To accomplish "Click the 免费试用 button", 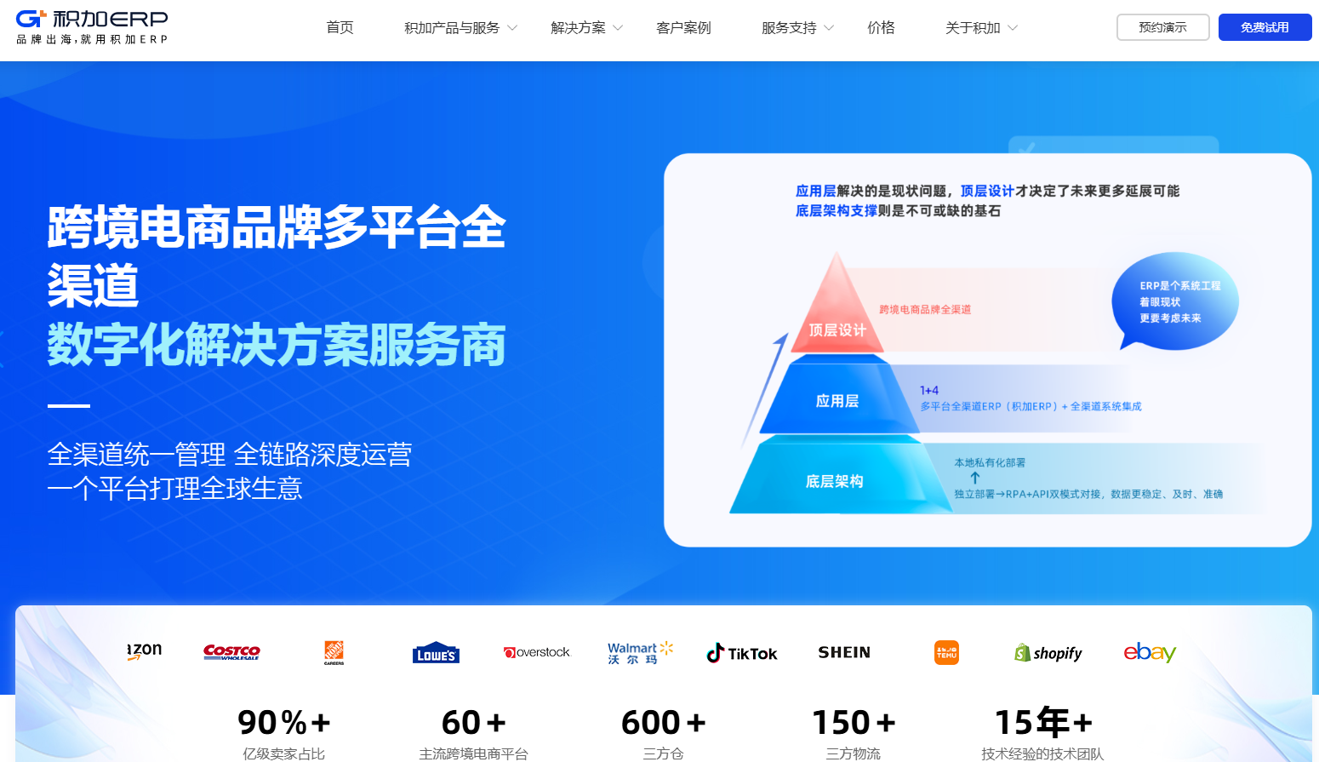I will click(x=1265, y=27).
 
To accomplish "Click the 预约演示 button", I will click(x=1162, y=27).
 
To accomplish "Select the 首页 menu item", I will click(x=340, y=28).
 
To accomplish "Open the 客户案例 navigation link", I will click(x=683, y=28).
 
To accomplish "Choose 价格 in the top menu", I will click(x=881, y=28).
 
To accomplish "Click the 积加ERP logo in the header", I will click(x=92, y=27).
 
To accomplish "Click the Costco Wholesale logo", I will click(x=231, y=652).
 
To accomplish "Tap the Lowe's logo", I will click(x=436, y=653).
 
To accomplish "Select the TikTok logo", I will click(x=742, y=653).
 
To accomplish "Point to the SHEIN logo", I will click(x=844, y=652).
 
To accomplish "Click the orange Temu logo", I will click(x=946, y=652).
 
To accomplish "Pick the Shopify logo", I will click(x=1048, y=653).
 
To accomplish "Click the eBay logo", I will click(x=1150, y=652).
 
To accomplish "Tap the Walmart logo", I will click(x=640, y=653).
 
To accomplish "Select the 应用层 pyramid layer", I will click(x=837, y=400).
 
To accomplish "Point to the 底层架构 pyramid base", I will click(x=835, y=481).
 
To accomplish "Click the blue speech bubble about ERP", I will click(x=1175, y=301).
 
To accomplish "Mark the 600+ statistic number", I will click(x=663, y=723).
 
